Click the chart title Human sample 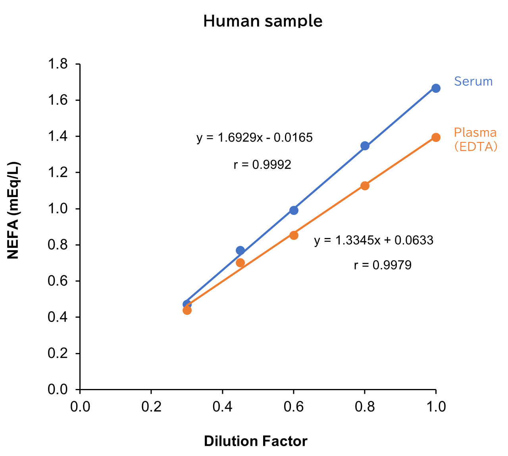click(263, 21)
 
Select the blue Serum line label click(473, 81)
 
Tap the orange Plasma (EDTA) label click(475, 140)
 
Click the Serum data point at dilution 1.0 click(436, 88)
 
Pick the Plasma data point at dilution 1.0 click(436, 137)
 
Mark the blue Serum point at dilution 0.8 click(365, 146)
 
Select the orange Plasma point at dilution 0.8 click(365, 186)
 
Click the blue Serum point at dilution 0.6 click(294, 210)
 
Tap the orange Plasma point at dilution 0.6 click(294, 235)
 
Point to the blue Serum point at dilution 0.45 click(240, 250)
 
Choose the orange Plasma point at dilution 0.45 click(240, 262)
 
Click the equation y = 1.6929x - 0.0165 click(254, 138)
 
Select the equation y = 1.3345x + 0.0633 click(373, 240)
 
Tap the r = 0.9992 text click(262, 164)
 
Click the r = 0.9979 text click(383, 265)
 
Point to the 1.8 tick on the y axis click(58, 64)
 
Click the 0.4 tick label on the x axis click(222, 407)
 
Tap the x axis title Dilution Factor click(256, 441)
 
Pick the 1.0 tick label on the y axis click(58, 209)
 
